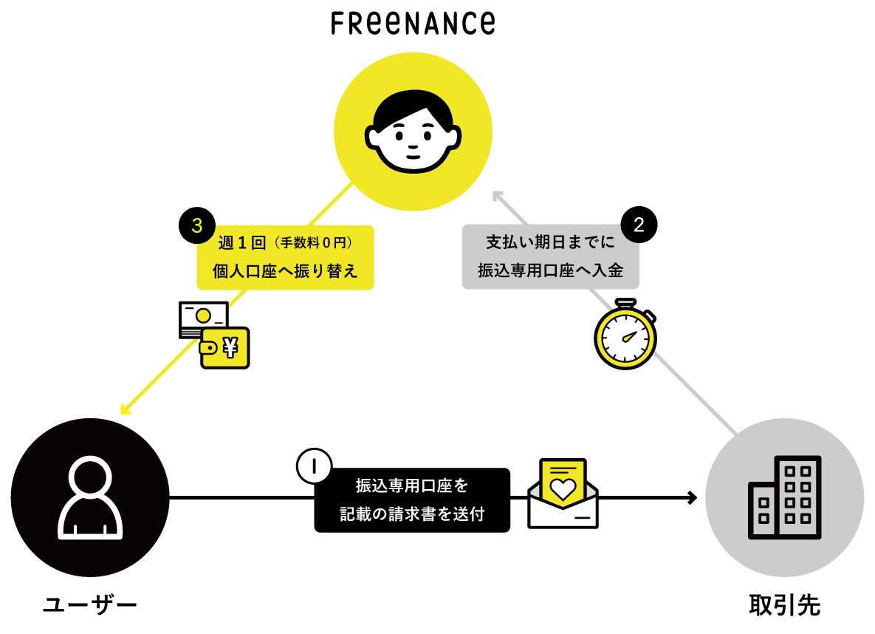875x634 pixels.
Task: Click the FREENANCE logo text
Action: (413, 22)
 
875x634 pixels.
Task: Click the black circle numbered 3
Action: (196, 226)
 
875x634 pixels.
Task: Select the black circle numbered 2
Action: (639, 226)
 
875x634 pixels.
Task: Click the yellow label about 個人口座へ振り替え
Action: (285, 257)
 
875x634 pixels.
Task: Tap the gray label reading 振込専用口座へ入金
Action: (550, 257)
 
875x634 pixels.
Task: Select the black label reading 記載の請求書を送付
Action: (412, 500)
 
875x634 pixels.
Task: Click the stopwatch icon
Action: (625, 336)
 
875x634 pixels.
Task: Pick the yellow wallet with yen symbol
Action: (226, 348)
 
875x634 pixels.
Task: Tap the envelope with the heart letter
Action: (563, 495)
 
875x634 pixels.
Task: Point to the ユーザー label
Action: (90, 606)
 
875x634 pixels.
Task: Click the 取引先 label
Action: (784, 606)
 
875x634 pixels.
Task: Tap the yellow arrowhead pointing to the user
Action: (125, 409)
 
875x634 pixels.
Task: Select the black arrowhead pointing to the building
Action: (692, 497)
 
